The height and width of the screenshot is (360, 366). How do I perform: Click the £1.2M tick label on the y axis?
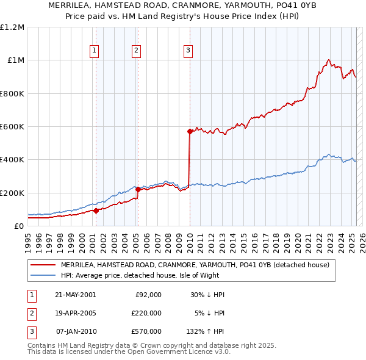pos(12,27)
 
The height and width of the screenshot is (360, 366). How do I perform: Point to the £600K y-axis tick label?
pos(12,127)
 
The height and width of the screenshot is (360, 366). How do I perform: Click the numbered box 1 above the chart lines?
pos(95,51)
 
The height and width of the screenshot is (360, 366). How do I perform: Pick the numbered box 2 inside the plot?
pos(137,51)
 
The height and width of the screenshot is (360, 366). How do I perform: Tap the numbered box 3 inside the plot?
pos(188,51)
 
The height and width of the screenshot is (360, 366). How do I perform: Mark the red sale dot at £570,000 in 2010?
pos(190,131)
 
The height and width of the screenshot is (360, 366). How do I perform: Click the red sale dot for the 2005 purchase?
pos(138,189)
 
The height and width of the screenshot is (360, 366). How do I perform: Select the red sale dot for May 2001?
pos(96,211)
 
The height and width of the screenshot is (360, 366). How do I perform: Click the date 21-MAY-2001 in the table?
pos(76,295)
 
